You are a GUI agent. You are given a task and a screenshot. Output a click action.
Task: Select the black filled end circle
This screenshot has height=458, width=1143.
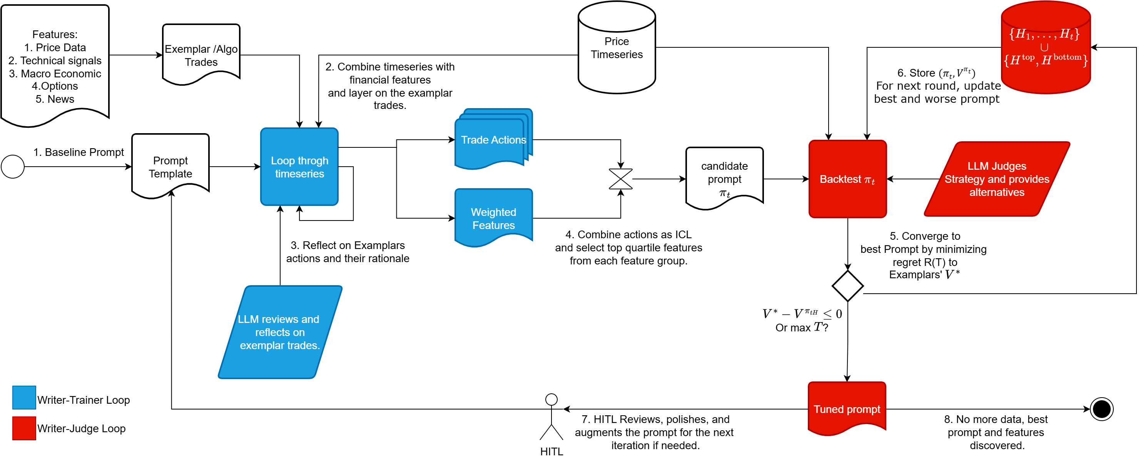click(x=1102, y=409)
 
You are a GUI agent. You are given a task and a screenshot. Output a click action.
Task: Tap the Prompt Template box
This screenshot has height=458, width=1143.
click(x=171, y=166)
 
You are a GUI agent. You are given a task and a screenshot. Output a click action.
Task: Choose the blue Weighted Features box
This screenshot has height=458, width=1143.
click(x=494, y=218)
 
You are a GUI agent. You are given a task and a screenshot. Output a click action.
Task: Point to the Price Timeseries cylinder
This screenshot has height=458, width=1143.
click(x=617, y=47)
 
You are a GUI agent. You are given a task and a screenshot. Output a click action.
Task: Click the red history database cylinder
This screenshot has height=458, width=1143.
click(x=1046, y=47)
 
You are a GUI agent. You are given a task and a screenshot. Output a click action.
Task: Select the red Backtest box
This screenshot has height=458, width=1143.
click(x=848, y=179)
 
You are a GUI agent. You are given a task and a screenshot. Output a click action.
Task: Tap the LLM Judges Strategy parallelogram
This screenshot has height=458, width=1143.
click(x=997, y=179)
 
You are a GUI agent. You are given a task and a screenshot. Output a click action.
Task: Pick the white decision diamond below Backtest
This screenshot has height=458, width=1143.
click(x=848, y=286)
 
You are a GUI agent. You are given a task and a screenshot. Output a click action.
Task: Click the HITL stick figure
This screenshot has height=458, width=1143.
click(x=551, y=417)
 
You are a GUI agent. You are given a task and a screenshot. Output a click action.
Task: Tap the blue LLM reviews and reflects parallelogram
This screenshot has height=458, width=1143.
click(x=280, y=333)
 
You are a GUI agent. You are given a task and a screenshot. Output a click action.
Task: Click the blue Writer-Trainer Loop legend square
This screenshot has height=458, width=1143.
click(x=24, y=398)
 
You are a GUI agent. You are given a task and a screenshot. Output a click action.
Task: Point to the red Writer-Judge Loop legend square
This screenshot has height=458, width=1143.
click(x=24, y=428)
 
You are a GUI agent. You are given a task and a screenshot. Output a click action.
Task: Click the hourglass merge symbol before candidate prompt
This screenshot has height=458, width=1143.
click(x=621, y=179)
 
